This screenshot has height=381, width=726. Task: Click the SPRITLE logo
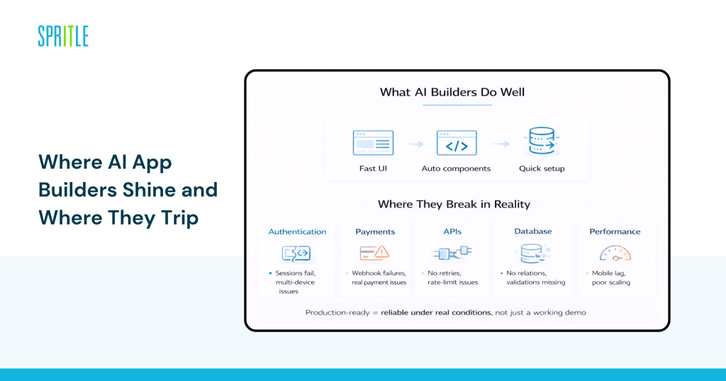pos(63,36)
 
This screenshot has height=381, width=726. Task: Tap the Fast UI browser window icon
pos(373,143)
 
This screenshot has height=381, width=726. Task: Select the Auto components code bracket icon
pos(456,143)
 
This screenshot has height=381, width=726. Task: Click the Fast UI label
pos(373,169)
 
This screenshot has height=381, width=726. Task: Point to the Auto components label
pos(456,169)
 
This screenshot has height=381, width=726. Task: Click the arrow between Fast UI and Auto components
pos(415,144)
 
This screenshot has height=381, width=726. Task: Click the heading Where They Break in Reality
pos(454,205)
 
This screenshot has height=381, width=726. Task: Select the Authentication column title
pos(297,232)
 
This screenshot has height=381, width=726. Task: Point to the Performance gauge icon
pos(614,253)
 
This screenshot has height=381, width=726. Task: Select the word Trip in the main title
pos(179,217)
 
